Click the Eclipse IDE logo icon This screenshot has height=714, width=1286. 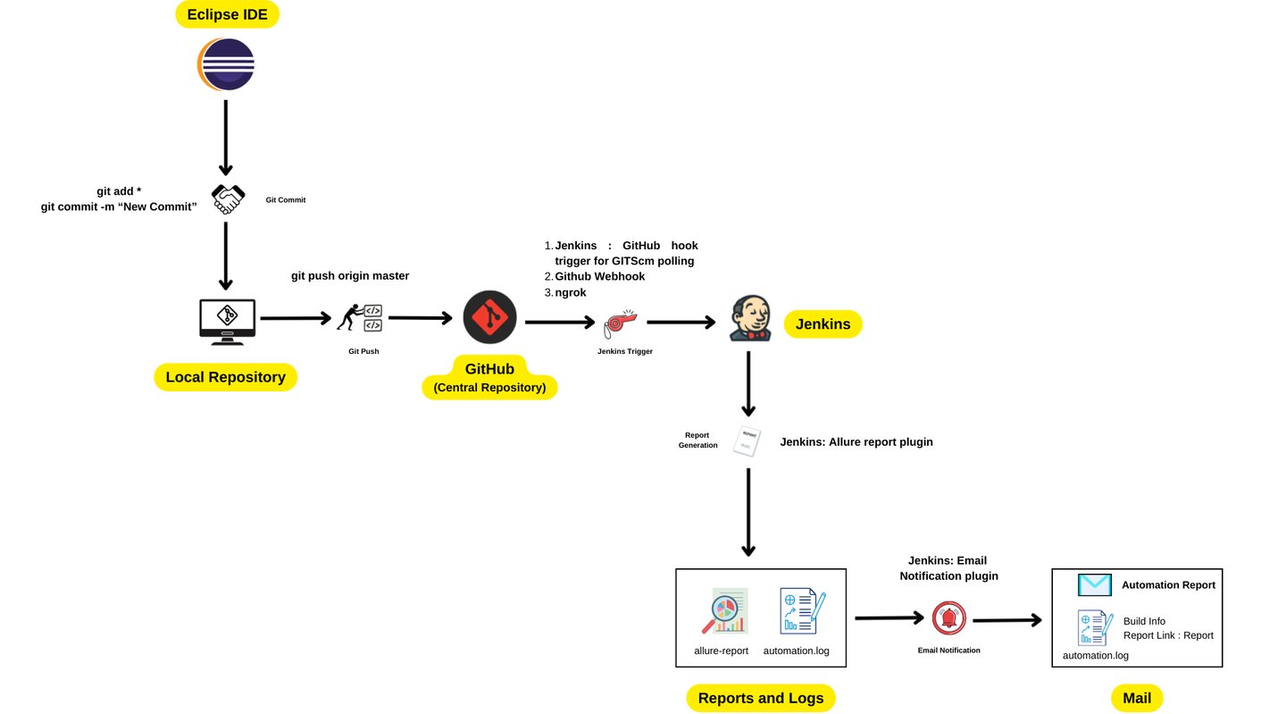(x=226, y=64)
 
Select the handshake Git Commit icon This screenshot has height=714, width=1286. (x=227, y=198)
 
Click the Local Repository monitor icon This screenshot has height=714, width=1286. (x=227, y=321)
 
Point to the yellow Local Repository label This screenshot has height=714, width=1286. (x=225, y=377)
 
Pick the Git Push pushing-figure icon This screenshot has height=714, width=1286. (x=360, y=318)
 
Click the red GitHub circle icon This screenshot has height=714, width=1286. (x=489, y=317)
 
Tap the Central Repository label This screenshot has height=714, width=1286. (x=489, y=387)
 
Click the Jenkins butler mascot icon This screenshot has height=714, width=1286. (x=749, y=319)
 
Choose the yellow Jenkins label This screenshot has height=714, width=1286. (x=823, y=323)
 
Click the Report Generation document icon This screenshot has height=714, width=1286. (x=747, y=441)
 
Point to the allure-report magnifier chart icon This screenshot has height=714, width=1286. (x=724, y=611)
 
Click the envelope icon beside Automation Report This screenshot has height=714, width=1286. (x=1094, y=585)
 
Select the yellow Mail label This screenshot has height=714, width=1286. (x=1137, y=698)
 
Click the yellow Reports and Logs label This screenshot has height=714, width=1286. (x=760, y=698)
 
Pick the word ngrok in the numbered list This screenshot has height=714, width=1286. (x=571, y=292)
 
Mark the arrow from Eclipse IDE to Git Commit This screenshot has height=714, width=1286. (x=226, y=138)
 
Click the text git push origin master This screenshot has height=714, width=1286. (x=350, y=275)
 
